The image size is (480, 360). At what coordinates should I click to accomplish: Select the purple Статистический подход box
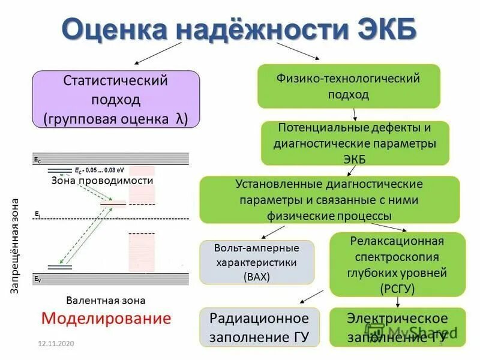tap(115, 100)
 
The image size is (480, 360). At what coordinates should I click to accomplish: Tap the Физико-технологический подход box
tap(349, 86)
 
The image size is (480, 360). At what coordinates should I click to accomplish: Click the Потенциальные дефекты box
tap(355, 143)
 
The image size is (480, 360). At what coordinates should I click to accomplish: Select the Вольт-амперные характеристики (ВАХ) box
tap(257, 262)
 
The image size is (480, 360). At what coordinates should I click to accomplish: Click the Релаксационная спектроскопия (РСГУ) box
tap(397, 265)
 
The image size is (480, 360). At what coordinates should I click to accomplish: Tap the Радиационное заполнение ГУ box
tap(260, 328)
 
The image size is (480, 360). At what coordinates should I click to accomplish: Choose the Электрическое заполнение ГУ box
tap(397, 328)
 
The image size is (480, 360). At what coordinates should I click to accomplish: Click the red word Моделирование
tap(106, 318)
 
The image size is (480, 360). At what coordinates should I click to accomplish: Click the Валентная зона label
tap(106, 300)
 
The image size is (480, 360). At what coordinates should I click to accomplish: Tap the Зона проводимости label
tap(102, 180)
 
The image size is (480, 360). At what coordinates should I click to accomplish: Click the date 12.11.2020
tap(55, 343)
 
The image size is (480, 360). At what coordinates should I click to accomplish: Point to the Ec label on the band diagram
tap(38, 161)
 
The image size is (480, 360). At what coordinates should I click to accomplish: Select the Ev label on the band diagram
tap(38, 280)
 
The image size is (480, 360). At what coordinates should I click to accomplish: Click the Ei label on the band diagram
tap(37, 214)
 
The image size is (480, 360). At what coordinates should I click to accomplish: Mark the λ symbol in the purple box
tap(180, 119)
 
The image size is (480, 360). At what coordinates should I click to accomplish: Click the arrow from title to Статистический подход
tap(157, 53)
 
